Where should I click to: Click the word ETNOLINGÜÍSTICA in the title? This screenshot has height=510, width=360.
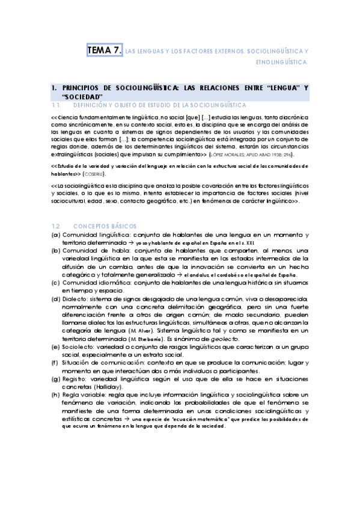pos(282,61)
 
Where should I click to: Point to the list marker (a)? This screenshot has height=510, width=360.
pos(55,218)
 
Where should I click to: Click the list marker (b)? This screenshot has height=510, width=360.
pos(55,233)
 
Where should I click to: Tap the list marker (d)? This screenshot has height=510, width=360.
pos(55,299)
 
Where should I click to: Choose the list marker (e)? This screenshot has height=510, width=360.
pos(55,348)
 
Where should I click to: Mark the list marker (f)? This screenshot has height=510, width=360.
pos(55,364)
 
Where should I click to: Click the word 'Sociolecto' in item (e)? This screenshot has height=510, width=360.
pos(77,348)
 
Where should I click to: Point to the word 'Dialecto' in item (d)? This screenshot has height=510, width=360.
pos(75,299)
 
